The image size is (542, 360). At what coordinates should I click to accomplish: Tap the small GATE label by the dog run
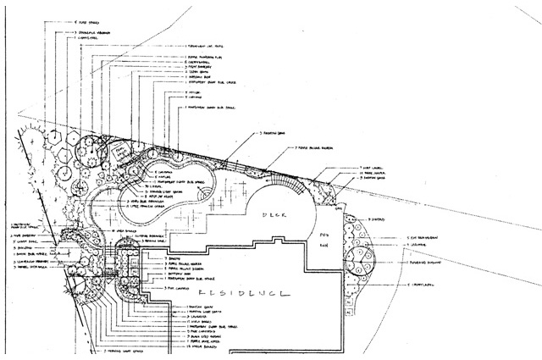tap(339, 208)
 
